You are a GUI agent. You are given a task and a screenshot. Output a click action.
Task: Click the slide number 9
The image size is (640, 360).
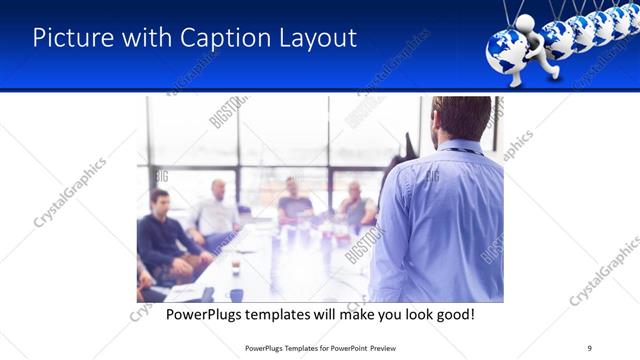[589, 347]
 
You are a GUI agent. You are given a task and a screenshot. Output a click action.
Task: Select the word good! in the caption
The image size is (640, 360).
[452, 314]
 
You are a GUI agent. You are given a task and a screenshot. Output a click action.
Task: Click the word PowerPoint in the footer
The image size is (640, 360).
[375, 347]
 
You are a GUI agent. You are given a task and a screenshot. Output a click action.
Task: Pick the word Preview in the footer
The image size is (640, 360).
[416, 347]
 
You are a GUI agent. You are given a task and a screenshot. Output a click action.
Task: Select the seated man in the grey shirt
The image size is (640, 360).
[355, 205]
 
